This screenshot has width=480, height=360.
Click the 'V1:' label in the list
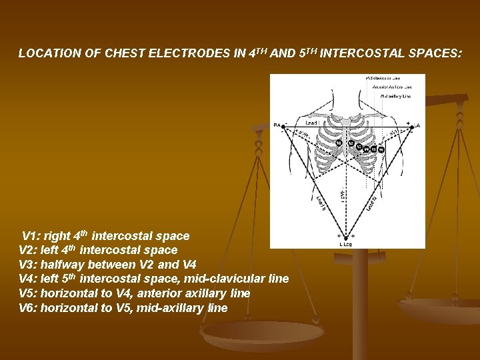coord(31,236)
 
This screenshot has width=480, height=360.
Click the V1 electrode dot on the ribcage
coord(339,142)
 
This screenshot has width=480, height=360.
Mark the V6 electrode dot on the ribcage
coord(381,149)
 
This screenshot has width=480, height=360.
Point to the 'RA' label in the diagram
coord(277,125)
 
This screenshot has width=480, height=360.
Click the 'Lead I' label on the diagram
coord(311,123)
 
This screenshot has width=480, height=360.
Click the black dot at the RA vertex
coord(284,126)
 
